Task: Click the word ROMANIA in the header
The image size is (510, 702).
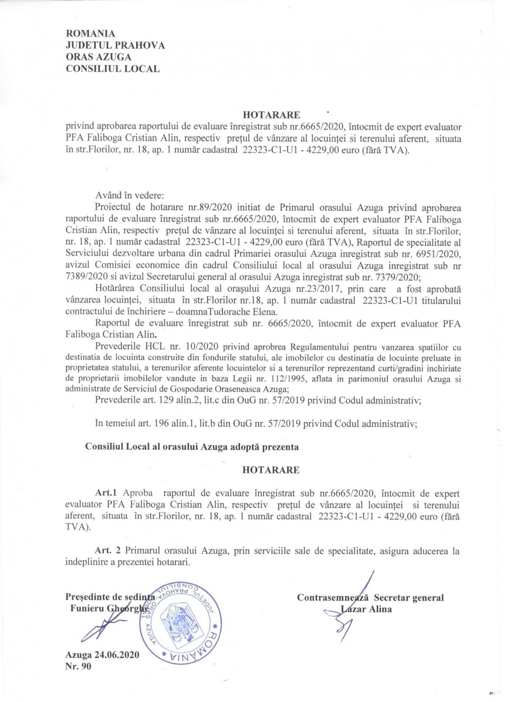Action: pos(91,34)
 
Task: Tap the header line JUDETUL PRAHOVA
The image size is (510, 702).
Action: pos(115,46)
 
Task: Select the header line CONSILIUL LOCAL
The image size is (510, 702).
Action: pos(113,69)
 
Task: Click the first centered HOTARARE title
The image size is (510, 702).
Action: pos(271,115)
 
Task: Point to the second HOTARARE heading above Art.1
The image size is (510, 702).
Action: pos(271,470)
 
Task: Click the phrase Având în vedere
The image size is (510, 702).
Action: pos(129,196)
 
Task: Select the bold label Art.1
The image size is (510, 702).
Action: pos(106,493)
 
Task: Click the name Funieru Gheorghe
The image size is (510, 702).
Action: pos(109,609)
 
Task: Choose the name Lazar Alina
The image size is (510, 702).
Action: pos(366,609)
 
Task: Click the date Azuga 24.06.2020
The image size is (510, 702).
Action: pos(102,655)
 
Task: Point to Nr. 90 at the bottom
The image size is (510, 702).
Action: pos(78,666)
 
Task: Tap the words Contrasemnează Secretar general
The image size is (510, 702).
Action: pos(370,598)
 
